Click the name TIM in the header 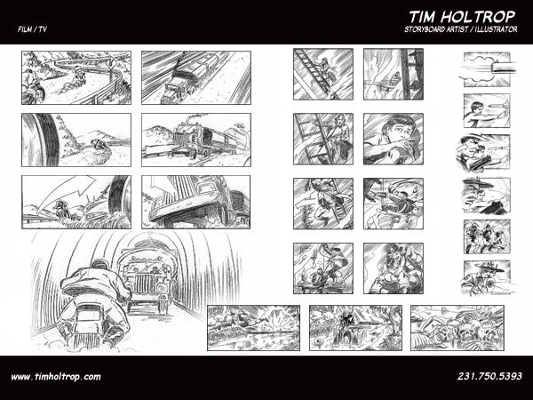pos(422,17)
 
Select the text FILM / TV pos(32,29)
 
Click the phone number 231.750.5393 pos(489,376)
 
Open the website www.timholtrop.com pos(56,377)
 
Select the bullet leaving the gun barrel pos(503,67)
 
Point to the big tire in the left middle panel pos(43,140)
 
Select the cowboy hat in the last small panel pos(489,267)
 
